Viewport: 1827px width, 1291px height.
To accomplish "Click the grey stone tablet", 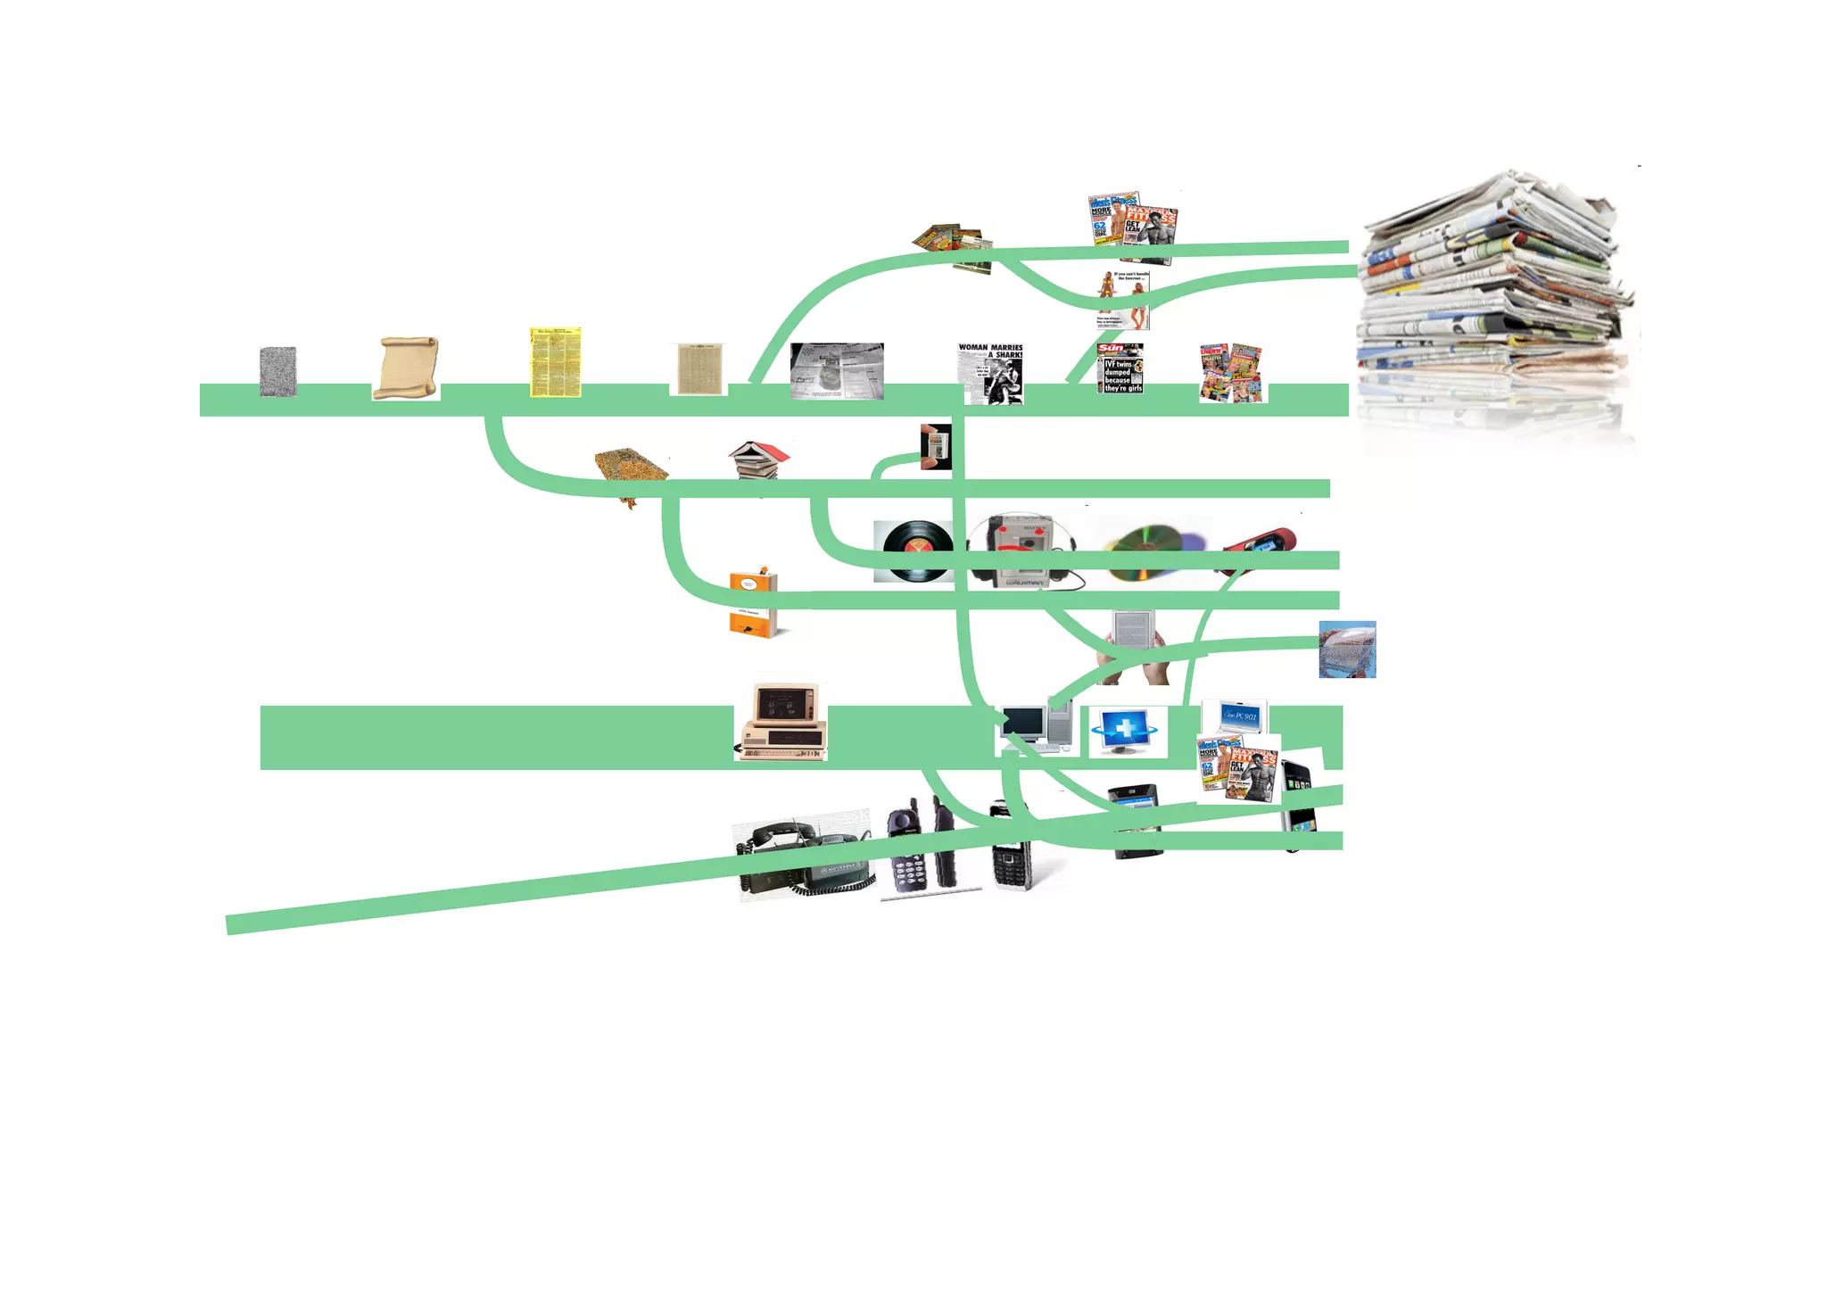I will (x=277, y=371).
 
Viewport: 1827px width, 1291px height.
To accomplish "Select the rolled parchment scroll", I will (x=406, y=368).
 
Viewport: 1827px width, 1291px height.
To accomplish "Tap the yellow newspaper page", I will (x=555, y=361).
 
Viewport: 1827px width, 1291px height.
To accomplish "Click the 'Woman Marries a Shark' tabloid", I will (x=990, y=374).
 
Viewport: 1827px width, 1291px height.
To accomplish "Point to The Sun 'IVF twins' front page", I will (x=1120, y=368).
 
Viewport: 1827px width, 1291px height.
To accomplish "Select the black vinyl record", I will (x=913, y=550).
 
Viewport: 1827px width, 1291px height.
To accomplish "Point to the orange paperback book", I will (x=753, y=603).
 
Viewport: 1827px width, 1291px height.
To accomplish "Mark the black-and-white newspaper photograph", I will (x=837, y=370).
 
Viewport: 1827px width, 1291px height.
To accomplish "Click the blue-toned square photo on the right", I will (x=1347, y=650).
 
